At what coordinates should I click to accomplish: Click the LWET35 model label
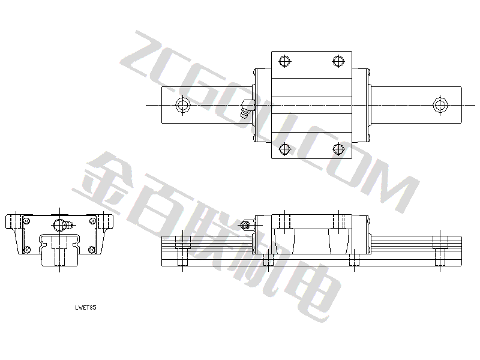click(86, 308)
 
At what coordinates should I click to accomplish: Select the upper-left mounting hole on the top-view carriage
click(284, 61)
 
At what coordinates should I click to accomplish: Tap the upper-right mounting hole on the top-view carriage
click(338, 61)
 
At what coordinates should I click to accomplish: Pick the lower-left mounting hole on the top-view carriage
click(284, 149)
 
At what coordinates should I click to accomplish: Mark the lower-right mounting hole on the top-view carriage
click(338, 149)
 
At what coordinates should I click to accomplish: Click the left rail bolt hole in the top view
click(183, 105)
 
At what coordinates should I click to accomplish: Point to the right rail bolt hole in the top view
click(440, 105)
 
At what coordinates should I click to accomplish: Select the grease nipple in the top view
click(247, 109)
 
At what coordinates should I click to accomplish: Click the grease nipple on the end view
click(64, 226)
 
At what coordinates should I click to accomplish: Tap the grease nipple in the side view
click(246, 226)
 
